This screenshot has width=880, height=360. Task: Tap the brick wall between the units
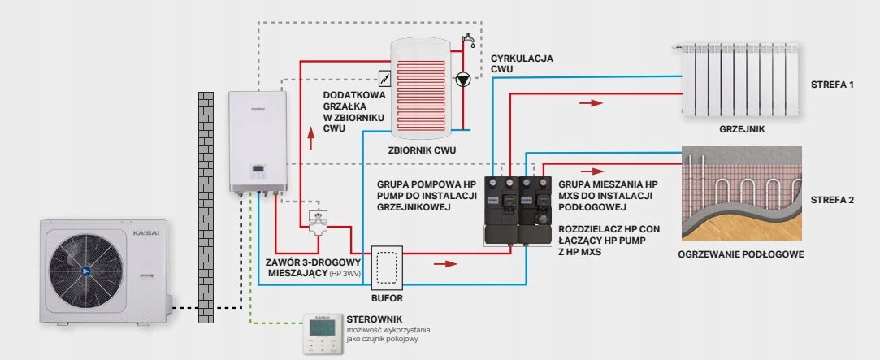[x=206, y=207]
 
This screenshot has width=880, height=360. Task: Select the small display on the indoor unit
[x=258, y=168]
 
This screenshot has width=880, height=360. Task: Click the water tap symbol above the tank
[x=468, y=40]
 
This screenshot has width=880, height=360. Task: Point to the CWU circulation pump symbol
[x=462, y=79]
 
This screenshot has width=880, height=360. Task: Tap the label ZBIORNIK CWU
[x=422, y=150]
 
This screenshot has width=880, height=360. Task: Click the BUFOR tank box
[x=387, y=267]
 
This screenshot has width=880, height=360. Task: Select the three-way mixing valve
[x=319, y=221]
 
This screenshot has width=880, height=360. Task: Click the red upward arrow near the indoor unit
[x=310, y=137]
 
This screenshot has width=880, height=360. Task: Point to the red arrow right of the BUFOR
[x=445, y=262]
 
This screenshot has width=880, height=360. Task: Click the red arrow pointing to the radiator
[x=591, y=102]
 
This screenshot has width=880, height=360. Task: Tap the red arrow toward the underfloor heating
[x=592, y=171]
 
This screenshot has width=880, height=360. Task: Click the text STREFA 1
[x=832, y=85]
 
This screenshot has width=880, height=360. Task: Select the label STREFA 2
[x=833, y=199]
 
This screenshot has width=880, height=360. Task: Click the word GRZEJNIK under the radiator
[x=742, y=130]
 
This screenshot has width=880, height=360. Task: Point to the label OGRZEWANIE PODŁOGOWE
[x=741, y=254]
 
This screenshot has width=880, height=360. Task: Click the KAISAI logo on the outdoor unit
[x=145, y=231]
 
